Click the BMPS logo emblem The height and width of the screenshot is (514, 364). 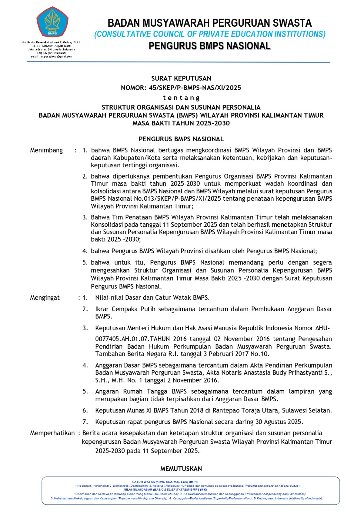52,22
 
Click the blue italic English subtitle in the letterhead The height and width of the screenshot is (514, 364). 210,34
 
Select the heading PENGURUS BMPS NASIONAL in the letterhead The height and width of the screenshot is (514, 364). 210,46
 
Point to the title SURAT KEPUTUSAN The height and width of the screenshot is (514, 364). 181,78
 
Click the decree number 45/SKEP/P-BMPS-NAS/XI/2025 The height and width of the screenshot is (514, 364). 195,88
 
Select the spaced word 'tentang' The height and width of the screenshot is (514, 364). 181,98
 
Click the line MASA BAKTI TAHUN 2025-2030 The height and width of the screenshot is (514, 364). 181,123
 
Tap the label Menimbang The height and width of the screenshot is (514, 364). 46,150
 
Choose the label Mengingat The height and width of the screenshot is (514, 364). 45,298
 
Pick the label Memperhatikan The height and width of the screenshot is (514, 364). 52,433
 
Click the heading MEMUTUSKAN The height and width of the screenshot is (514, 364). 181,469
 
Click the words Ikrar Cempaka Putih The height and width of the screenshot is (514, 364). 125,309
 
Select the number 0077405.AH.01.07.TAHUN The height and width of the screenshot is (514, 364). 132,339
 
